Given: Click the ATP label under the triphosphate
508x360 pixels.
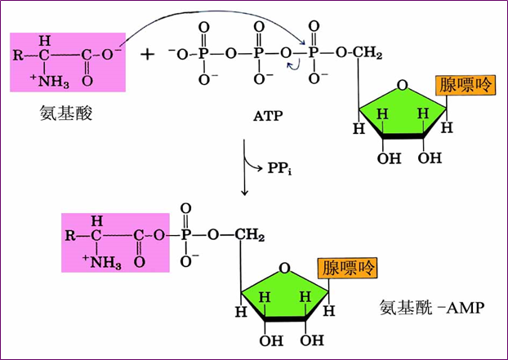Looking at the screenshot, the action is [268, 116].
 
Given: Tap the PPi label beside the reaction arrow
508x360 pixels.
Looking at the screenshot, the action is [279, 168].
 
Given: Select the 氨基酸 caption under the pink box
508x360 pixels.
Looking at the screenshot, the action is [66, 113].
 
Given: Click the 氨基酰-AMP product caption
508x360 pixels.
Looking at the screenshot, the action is [432, 307].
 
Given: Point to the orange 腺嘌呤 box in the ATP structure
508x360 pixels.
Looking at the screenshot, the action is [466, 85].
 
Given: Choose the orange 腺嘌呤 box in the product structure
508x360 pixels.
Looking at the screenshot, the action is [348, 268].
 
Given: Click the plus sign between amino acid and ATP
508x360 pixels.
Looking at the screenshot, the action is [147, 55].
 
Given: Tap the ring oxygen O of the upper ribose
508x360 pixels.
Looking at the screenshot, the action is [403, 86].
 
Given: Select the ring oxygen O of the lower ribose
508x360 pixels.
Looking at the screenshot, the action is [284, 269].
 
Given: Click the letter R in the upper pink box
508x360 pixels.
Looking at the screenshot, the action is [18, 55].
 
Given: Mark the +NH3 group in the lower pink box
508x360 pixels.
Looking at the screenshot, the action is [102, 262].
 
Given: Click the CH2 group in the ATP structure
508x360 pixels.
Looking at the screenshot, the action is [367, 53].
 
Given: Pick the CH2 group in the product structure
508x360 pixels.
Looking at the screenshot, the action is [250, 235].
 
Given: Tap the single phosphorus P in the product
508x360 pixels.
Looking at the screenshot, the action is [185, 235].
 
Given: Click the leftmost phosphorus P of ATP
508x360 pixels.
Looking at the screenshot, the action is [203, 54].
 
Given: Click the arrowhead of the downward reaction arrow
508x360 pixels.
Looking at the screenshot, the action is [244, 193].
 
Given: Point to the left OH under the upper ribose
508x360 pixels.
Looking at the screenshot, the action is [390, 158].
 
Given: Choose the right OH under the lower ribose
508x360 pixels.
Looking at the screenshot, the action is [312, 340].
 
